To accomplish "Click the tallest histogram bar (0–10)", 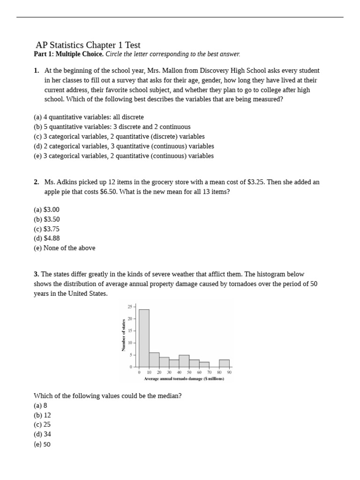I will (x=144, y=337).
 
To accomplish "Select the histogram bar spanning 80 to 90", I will (x=224, y=363).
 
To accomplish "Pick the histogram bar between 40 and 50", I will (x=184, y=361).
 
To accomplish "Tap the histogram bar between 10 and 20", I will (x=154, y=360).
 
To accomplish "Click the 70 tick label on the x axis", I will (x=209, y=372).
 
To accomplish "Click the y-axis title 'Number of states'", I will (x=124, y=334).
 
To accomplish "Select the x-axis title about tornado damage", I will (x=184, y=379).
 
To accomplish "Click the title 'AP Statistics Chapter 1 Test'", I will (x=88, y=45).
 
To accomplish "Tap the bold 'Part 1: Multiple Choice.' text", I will (x=68, y=54).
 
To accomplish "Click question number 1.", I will (x=36, y=71).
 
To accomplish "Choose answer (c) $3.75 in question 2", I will (x=46, y=229).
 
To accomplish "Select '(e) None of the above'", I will (x=64, y=248).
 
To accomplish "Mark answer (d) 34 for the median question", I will (x=42, y=435).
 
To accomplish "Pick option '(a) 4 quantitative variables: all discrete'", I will (x=89, y=117).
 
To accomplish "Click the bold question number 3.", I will (x=36, y=274).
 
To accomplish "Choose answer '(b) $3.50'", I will (x=46, y=219).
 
